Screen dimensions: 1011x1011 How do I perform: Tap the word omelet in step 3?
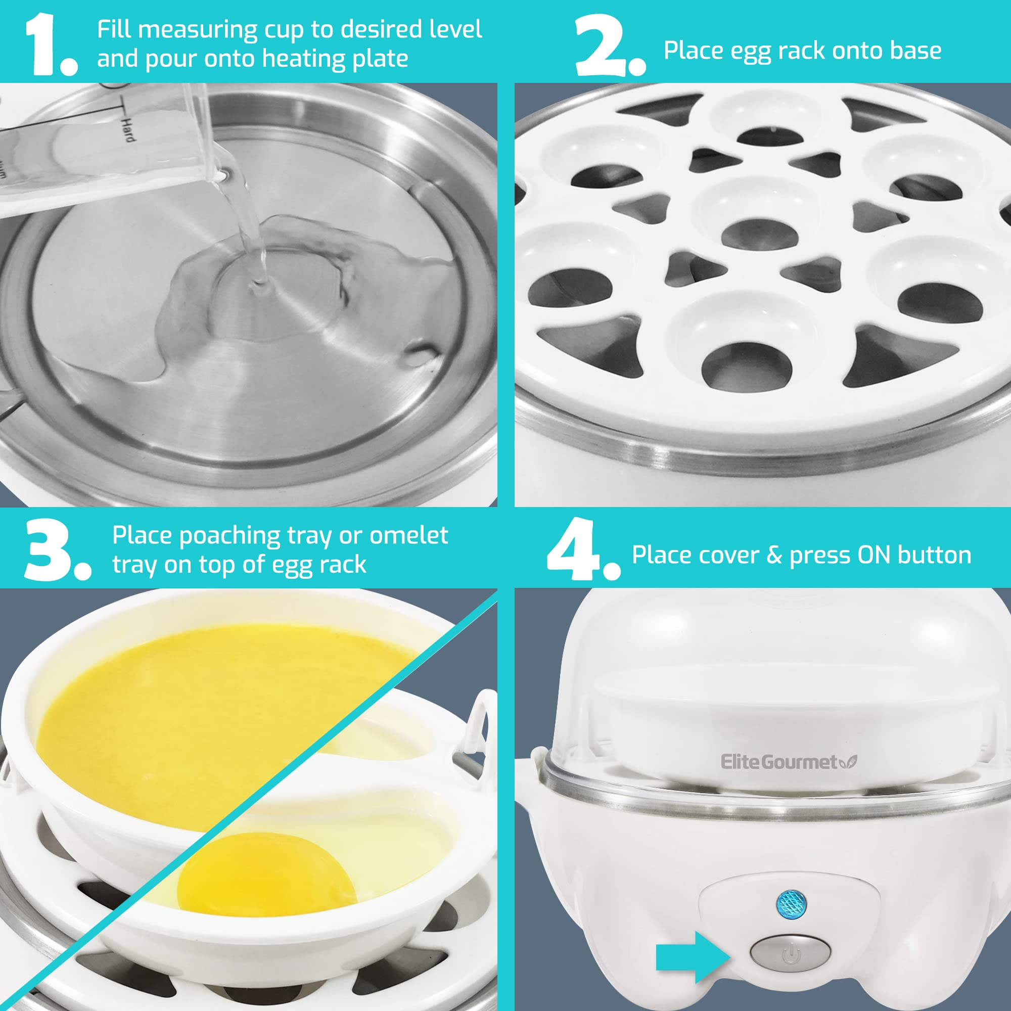tap(408, 535)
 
